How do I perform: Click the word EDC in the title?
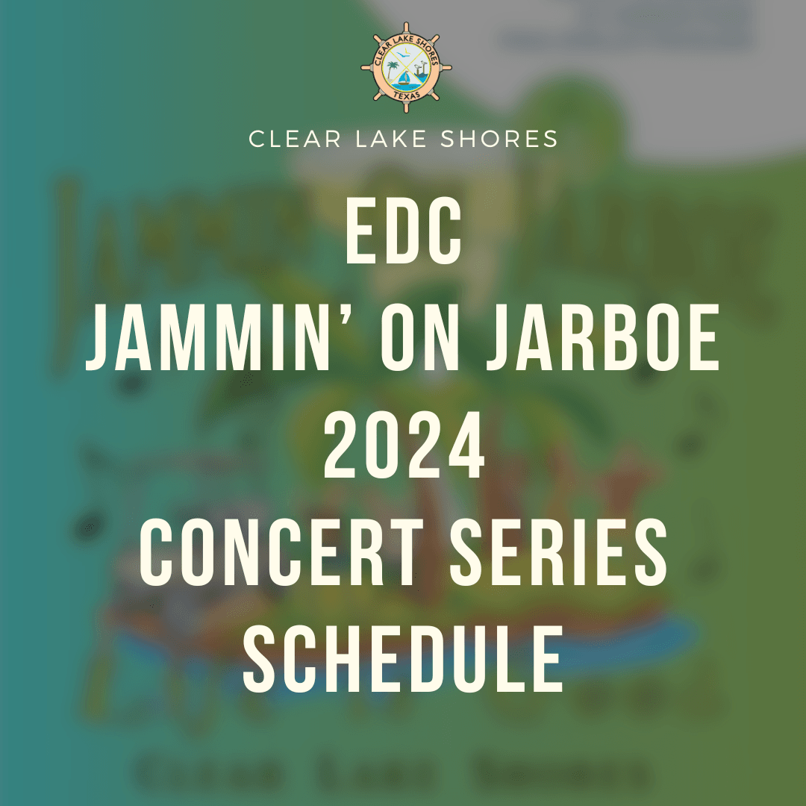(403, 231)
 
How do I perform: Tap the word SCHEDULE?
(403, 660)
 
